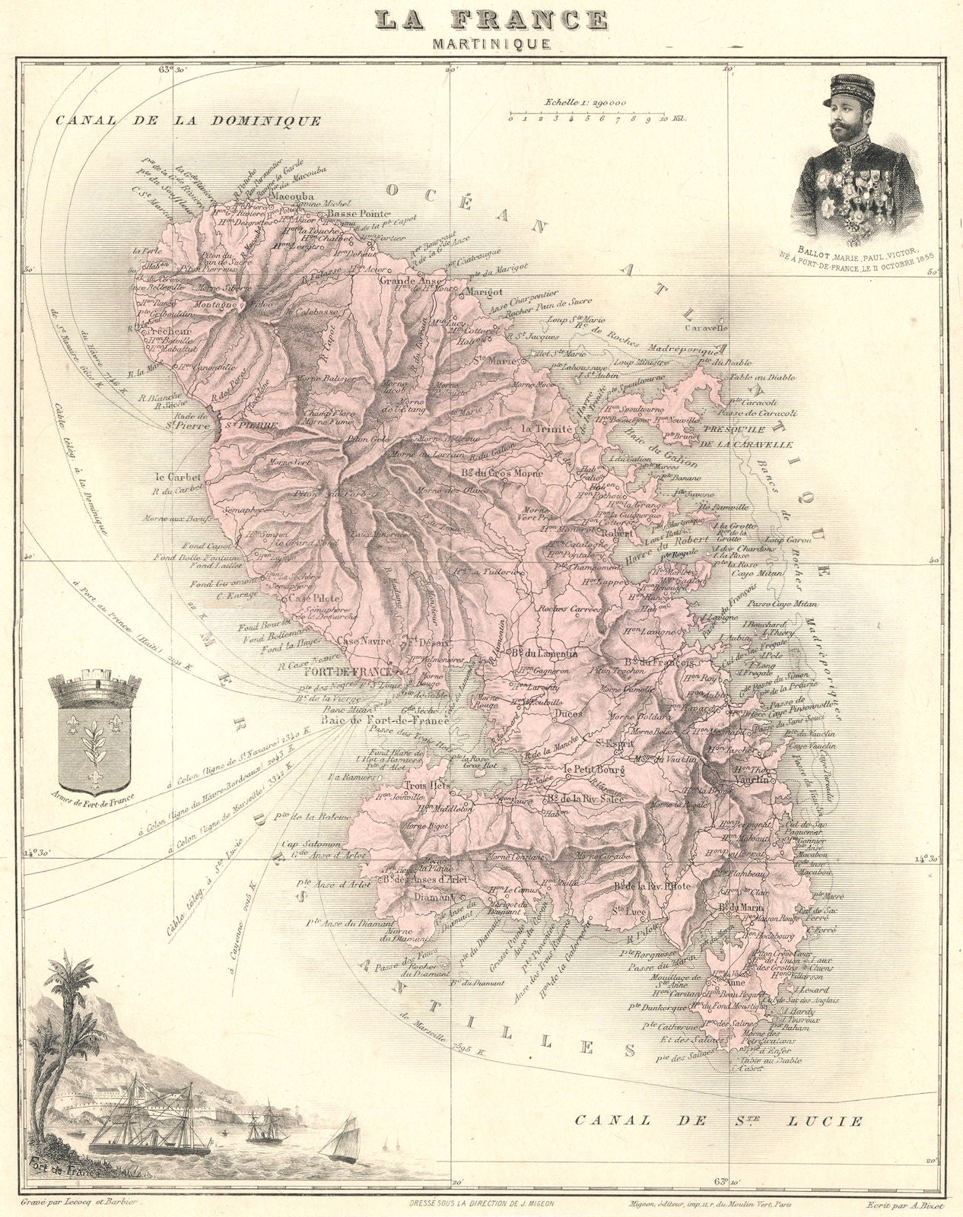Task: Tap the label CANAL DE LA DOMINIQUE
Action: (188, 120)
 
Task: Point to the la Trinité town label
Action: (545, 429)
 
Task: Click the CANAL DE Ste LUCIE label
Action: (719, 1120)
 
